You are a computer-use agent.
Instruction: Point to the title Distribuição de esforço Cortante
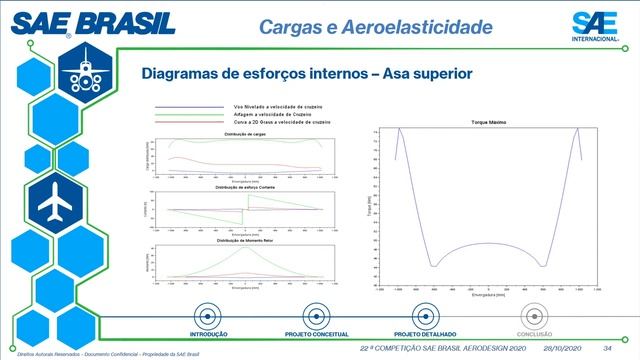point(245,187)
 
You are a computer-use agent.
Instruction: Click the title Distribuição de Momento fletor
point(245,241)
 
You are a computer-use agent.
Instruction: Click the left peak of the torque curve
point(399,129)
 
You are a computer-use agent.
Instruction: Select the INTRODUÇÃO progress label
point(209,333)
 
